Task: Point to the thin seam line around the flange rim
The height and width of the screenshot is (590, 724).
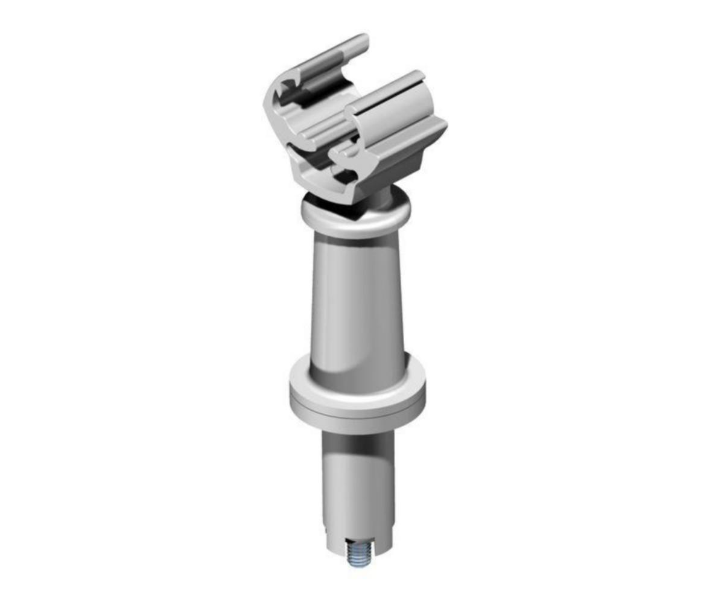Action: (x=357, y=415)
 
